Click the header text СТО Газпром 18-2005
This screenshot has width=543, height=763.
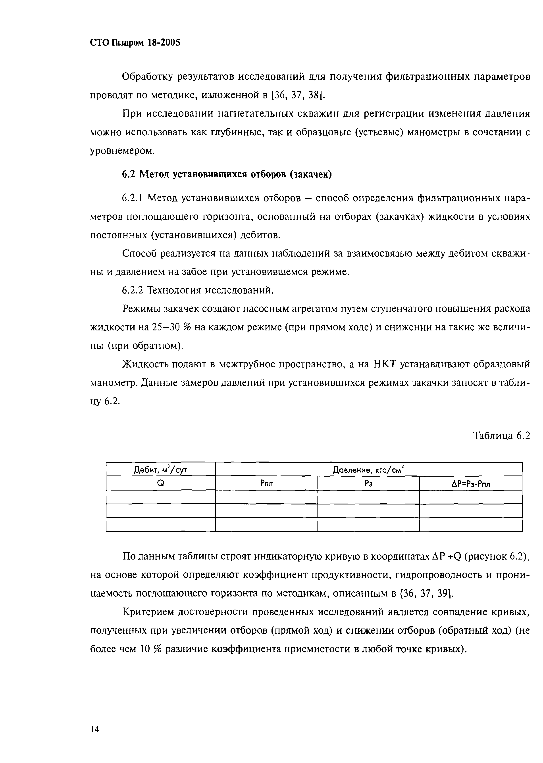point(135,42)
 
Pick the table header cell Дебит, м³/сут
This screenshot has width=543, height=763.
point(160,470)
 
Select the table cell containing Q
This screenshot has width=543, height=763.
point(160,483)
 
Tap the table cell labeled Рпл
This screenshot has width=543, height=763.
point(266,483)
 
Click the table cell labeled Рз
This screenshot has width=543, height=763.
point(368,483)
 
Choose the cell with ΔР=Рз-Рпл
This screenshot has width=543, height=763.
point(470,483)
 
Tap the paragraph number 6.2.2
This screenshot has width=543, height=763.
point(133,290)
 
